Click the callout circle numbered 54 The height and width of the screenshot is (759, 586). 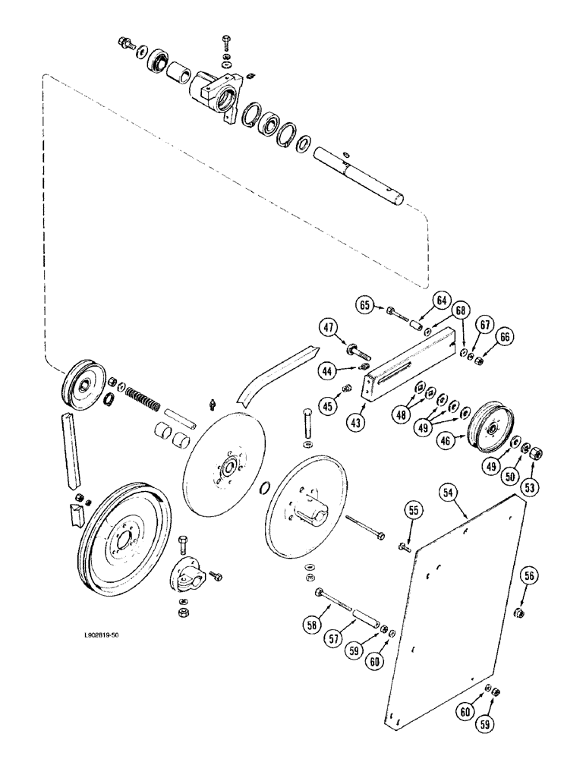[x=449, y=493]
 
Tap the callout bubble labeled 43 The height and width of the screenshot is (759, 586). [x=357, y=422]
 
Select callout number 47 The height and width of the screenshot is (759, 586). [x=329, y=329]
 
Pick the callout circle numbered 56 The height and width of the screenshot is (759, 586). [x=529, y=575]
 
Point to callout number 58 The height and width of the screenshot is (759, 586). [x=312, y=625]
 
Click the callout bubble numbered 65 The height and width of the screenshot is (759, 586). [x=364, y=305]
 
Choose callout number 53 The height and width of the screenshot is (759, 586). [x=529, y=487]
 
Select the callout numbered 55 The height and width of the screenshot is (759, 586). [x=413, y=510]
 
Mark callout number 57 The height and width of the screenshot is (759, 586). [x=334, y=639]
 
